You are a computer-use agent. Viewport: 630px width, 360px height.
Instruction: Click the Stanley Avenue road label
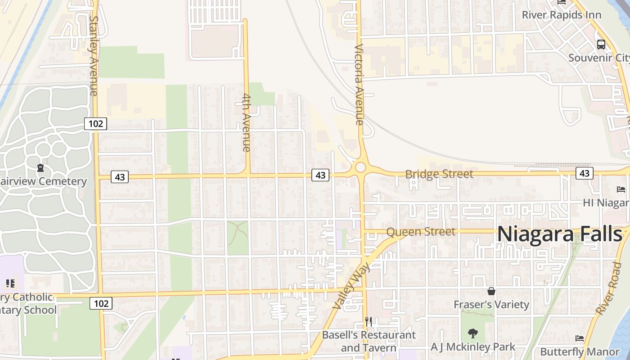[x=94, y=56]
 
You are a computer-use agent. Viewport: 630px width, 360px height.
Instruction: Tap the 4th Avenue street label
[x=246, y=122]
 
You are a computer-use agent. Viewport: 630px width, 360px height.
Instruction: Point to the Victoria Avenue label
[x=359, y=85]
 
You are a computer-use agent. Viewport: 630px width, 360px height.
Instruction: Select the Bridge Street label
[x=439, y=174]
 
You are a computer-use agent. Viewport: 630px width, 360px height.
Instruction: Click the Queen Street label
[x=421, y=232]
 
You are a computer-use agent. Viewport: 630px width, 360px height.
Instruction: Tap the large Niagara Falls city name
[x=560, y=234]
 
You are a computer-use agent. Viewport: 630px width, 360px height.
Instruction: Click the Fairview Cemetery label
[x=42, y=181]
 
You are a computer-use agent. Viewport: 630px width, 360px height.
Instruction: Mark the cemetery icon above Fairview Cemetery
[x=41, y=168]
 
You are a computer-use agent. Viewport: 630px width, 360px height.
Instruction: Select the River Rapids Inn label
[x=561, y=15]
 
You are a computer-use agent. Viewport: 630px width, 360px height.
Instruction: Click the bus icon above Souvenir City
[x=601, y=45]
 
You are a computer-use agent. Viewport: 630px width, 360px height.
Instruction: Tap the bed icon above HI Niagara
[x=621, y=189]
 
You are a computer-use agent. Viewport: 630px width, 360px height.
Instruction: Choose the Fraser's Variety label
[x=491, y=305]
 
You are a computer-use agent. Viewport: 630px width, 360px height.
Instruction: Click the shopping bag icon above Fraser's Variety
[x=491, y=291]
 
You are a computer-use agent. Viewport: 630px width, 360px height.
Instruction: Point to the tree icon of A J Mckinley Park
[x=472, y=333]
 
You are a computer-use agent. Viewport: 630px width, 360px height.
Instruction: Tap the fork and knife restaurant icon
[x=369, y=321]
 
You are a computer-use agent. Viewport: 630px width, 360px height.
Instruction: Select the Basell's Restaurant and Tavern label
[x=369, y=341]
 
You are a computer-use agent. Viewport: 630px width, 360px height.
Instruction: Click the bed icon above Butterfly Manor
[x=580, y=338]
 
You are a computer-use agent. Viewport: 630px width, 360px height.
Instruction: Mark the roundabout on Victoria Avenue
[x=360, y=168]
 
